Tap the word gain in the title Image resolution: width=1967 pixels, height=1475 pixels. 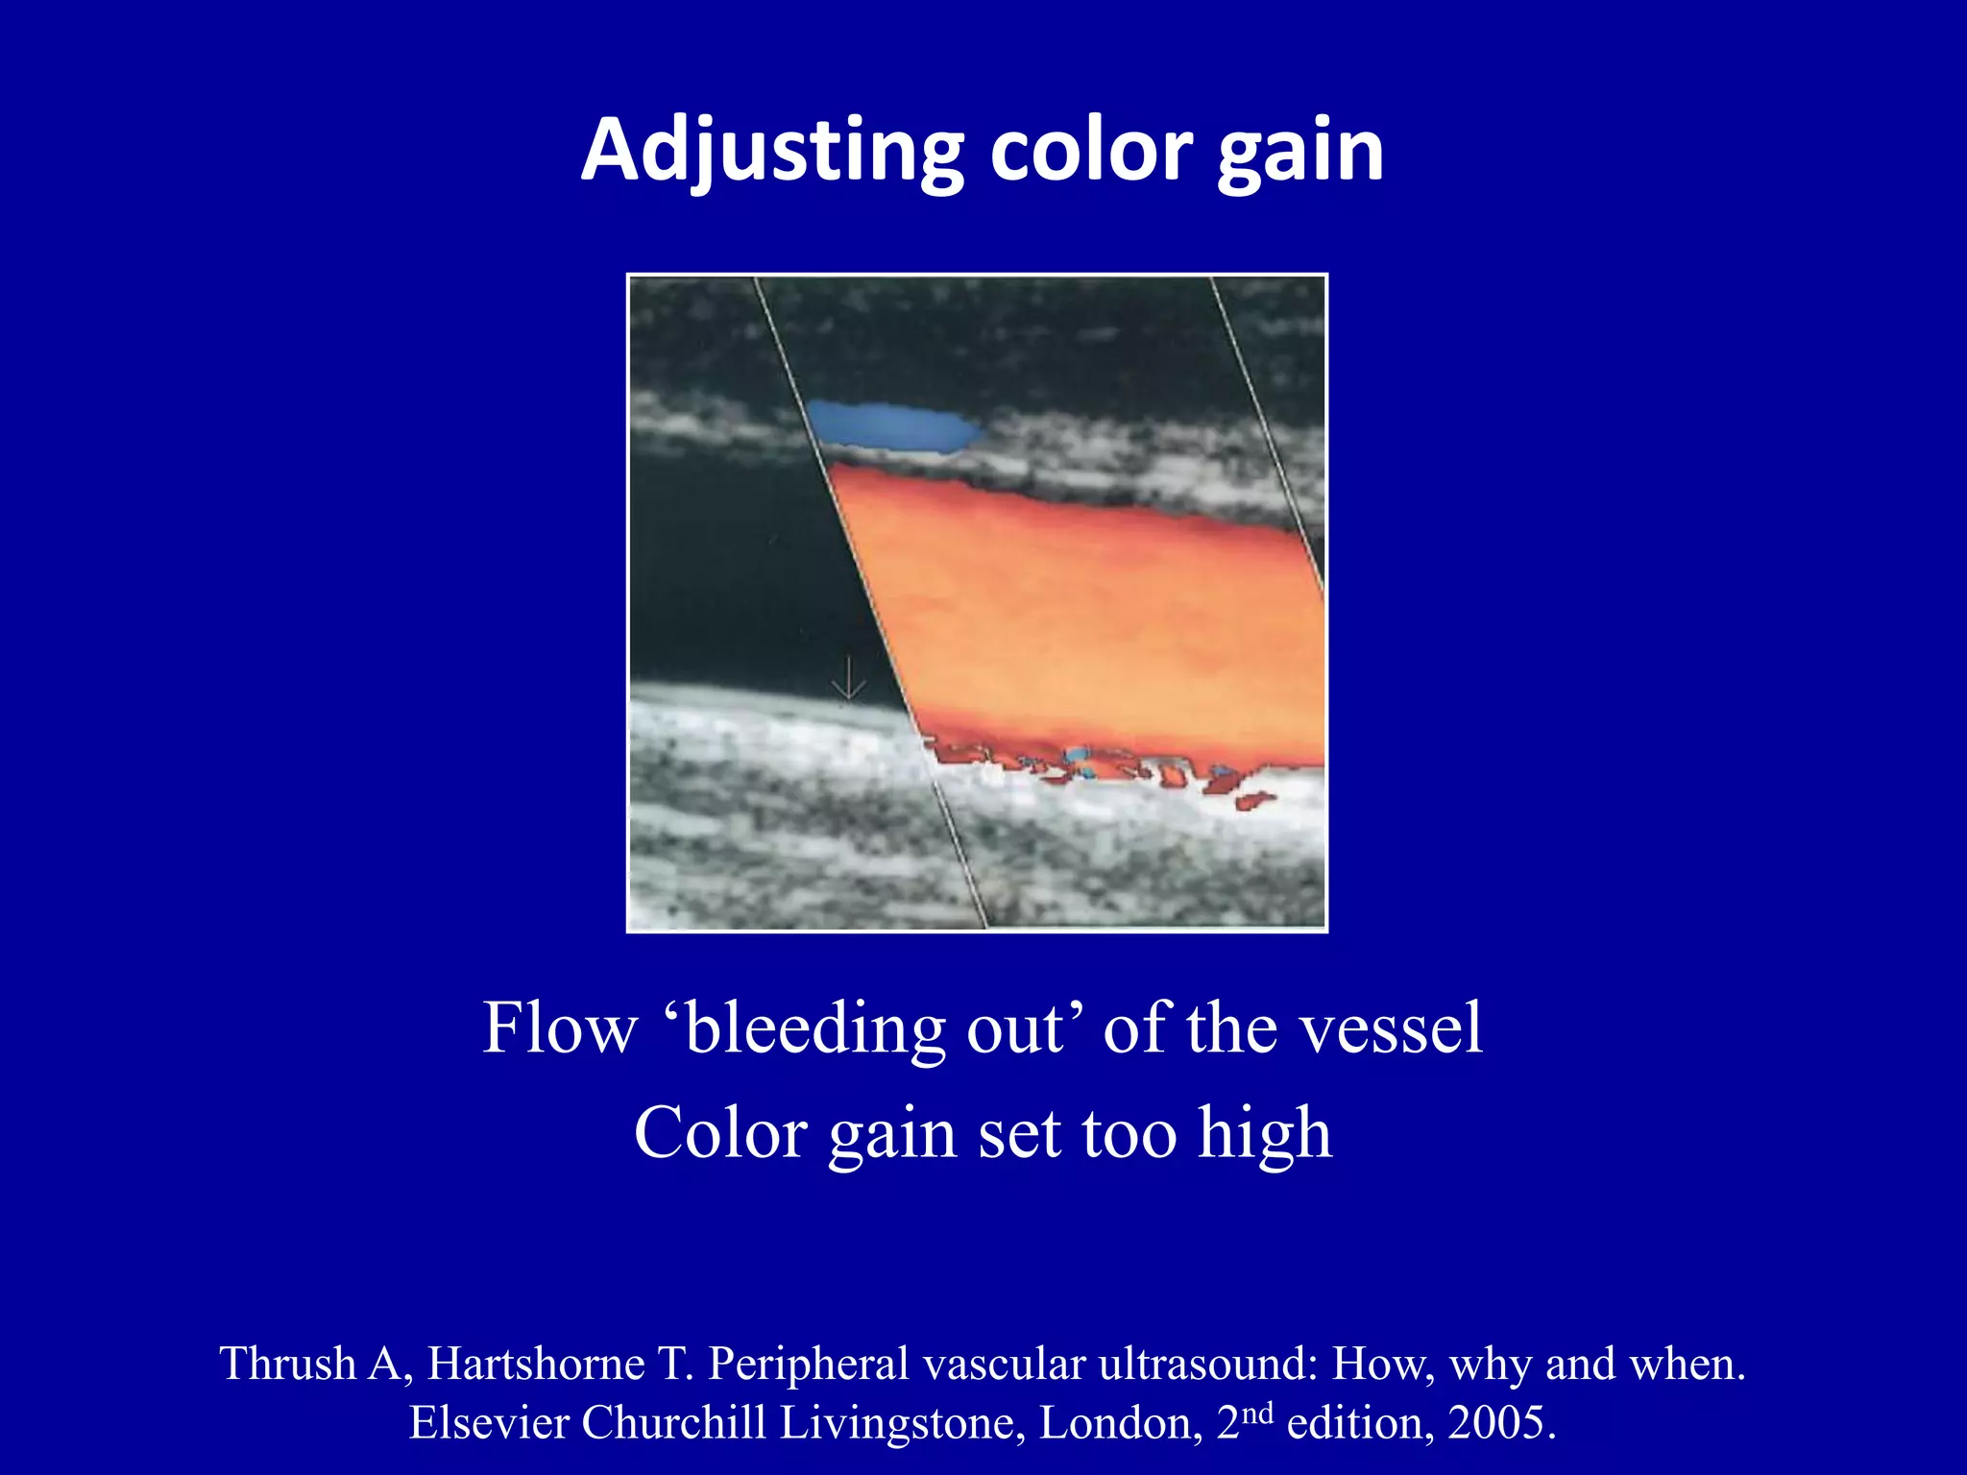click(1300, 151)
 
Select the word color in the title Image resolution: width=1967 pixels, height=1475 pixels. click(1091, 151)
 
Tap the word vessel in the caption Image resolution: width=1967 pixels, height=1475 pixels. click(1389, 1028)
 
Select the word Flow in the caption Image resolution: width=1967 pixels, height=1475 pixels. click(559, 1028)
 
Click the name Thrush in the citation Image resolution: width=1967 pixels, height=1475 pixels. click(287, 1364)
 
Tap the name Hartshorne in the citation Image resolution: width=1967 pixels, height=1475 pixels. click(536, 1364)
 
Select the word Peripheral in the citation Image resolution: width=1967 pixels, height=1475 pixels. click(809, 1364)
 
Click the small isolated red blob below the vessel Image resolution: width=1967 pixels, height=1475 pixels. click(1254, 800)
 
